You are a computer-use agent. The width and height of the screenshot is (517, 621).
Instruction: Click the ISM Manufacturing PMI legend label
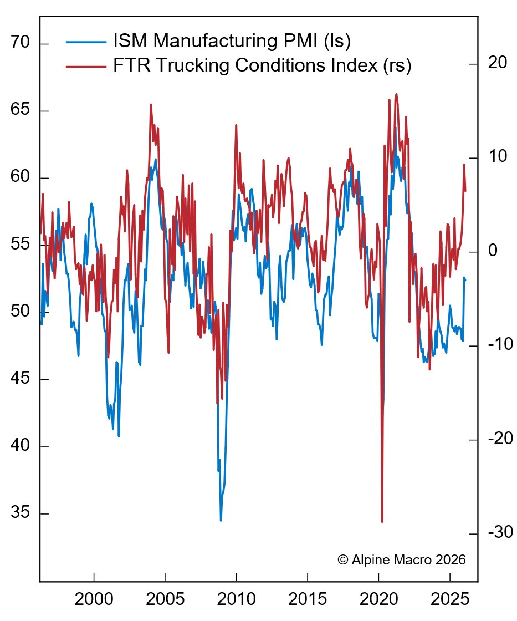[x=232, y=42]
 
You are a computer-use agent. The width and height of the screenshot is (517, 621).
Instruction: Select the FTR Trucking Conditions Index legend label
[x=262, y=65]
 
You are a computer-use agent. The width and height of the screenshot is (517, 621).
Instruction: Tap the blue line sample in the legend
[x=86, y=42]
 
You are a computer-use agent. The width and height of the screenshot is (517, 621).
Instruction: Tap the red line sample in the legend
[x=86, y=66]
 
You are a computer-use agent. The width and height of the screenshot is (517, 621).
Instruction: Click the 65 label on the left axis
[x=21, y=110]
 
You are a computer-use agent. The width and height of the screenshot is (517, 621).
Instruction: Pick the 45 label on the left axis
[x=21, y=379]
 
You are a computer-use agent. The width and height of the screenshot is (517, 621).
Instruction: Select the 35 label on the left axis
[x=21, y=513]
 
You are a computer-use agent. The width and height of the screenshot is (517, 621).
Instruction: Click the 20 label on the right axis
[x=497, y=63]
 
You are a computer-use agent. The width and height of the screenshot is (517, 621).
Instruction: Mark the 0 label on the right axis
[x=492, y=251]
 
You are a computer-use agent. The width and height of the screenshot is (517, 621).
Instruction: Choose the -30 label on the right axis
[x=500, y=533]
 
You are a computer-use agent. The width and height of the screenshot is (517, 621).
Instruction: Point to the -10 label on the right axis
[x=500, y=345]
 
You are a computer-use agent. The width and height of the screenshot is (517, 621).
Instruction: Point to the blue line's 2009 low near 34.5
[x=221, y=520]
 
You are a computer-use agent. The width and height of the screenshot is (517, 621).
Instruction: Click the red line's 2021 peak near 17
[x=396, y=94]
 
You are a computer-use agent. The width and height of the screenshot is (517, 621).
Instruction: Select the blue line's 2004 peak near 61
[x=155, y=160]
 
